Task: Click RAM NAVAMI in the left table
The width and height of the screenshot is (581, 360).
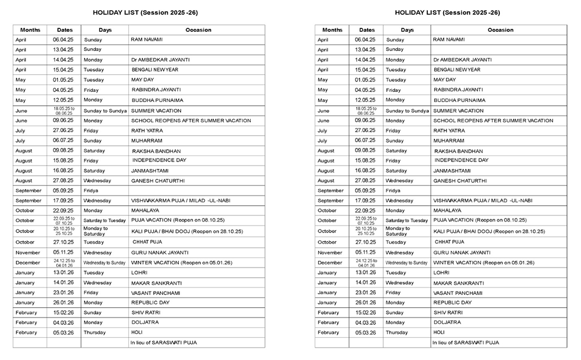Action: [x=146, y=40]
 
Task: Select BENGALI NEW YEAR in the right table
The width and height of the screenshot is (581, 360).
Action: [x=457, y=70]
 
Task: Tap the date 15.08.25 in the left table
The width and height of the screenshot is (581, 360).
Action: [x=64, y=160]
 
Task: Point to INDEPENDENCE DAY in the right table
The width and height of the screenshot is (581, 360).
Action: [x=461, y=160]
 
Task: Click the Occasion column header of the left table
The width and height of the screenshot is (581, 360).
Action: [x=198, y=30]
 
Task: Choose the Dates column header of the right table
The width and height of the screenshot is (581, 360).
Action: [x=367, y=30]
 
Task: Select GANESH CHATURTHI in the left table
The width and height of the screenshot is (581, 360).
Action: [x=158, y=181]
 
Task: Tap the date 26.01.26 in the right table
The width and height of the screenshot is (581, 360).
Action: [x=365, y=302]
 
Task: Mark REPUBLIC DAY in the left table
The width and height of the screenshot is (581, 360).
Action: [x=150, y=302]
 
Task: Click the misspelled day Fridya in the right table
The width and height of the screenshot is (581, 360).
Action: [x=393, y=190]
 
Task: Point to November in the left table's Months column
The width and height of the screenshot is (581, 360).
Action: [x=28, y=252]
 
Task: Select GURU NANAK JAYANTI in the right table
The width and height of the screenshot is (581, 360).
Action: [x=461, y=252]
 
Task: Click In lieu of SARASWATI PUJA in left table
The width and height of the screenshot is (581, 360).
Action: [x=163, y=342]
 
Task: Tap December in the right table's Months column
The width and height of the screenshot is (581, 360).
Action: [x=330, y=262]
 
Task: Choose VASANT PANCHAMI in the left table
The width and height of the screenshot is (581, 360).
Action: [x=155, y=293]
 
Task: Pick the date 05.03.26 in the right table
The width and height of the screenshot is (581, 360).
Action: [x=365, y=332]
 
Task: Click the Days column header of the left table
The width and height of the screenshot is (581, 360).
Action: [x=105, y=30]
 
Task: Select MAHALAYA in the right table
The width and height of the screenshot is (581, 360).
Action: [x=448, y=210]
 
